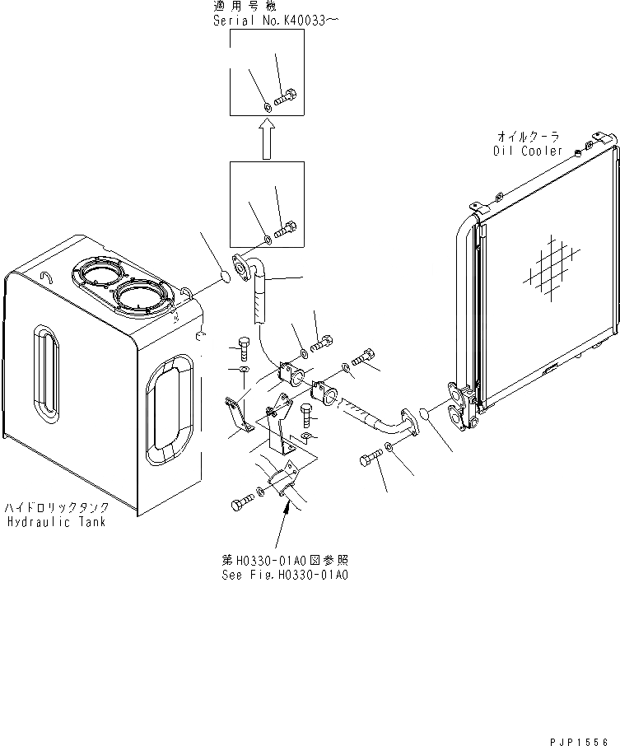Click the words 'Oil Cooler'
click(528, 151)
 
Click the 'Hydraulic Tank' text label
click(57, 522)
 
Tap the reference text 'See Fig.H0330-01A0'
click(285, 576)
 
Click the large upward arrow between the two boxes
click(266, 138)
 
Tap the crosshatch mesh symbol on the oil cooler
click(548, 265)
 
